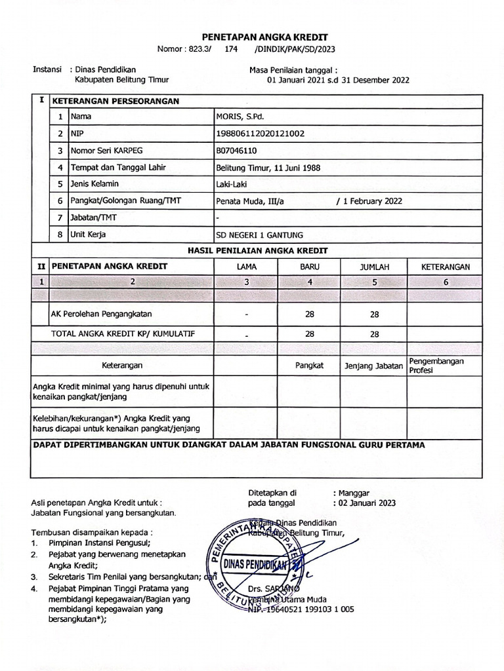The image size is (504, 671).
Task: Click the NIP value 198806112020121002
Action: (x=260, y=134)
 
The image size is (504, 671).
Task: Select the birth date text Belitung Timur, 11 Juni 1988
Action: (x=268, y=167)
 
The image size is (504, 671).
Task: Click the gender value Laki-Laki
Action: (x=232, y=184)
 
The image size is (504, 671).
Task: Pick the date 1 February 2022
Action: (x=371, y=201)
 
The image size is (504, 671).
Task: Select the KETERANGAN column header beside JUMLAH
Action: (x=446, y=267)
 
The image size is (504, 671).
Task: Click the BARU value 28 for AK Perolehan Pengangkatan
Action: (x=310, y=315)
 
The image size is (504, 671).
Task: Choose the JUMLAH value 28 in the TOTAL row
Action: (x=375, y=334)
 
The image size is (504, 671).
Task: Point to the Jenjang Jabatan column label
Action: (x=373, y=366)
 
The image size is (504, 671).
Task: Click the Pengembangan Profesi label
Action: (x=436, y=366)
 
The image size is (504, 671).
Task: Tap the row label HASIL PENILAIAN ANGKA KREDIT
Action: (x=258, y=250)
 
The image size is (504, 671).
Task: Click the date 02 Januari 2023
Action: (x=367, y=503)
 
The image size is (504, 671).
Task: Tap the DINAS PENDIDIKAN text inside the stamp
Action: (x=257, y=564)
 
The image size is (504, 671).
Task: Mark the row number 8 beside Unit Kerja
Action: (x=60, y=234)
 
